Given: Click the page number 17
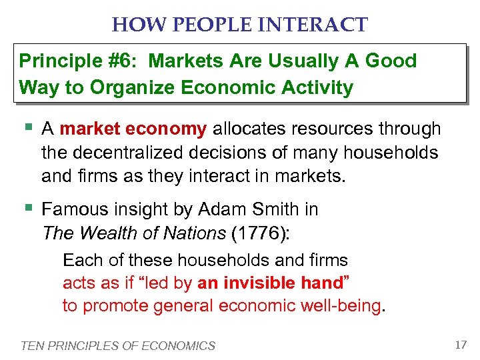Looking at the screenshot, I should [460, 345].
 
